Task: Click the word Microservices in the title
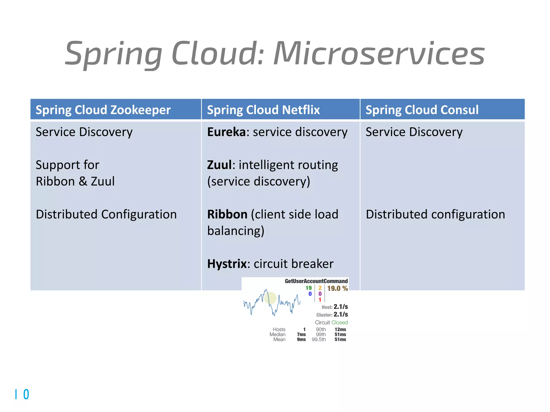(379, 54)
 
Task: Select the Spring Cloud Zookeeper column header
(103, 110)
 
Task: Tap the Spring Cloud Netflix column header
(263, 110)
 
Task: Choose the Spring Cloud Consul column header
(422, 110)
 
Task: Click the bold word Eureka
(226, 132)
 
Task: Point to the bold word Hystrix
(227, 264)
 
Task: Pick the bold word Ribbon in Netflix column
(227, 214)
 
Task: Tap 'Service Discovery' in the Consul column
(414, 132)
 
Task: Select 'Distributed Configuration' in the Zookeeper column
(106, 214)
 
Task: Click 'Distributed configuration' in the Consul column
(435, 214)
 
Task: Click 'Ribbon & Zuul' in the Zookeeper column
(75, 182)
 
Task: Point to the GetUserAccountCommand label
(316, 281)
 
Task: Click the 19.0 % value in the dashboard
(337, 288)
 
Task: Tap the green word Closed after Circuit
(339, 322)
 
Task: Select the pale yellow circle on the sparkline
(270, 298)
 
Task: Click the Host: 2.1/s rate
(335, 307)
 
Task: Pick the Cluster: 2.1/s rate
(332, 314)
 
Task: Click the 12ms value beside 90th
(340, 329)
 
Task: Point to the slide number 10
(22, 394)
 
